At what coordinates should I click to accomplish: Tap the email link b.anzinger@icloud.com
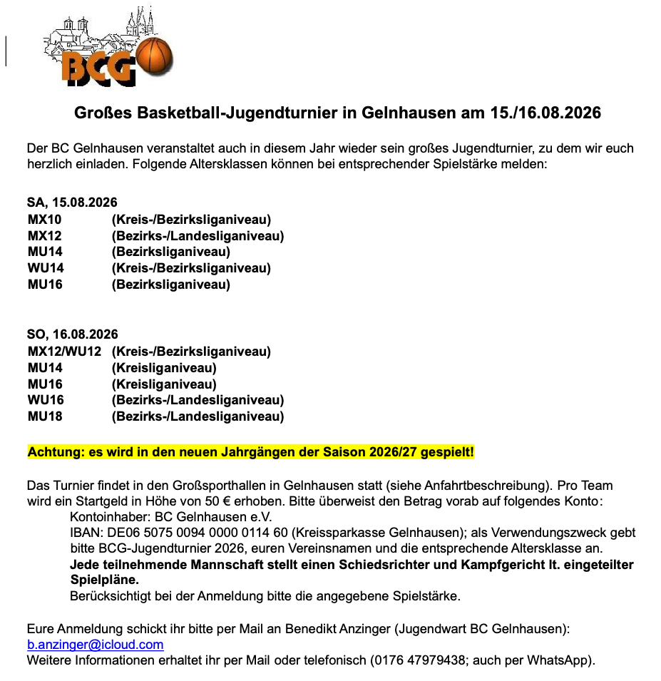pyautogui.click(x=95, y=645)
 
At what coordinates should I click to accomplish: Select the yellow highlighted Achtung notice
pyautogui.click(x=250, y=452)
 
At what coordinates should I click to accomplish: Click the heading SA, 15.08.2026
pyautogui.click(x=72, y=203)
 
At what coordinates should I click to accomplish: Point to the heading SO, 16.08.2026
pyautogui.click(x=73, y=334)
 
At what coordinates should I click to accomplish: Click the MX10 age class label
pyautogui.click(x=45, y=220)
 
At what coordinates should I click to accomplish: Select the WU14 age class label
pyautogui.click(x=46, y=268)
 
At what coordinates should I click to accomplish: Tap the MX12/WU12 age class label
pyautogui.click(x=64, y=352)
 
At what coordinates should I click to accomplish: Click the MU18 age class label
pyautogui.click(x=45, y=416)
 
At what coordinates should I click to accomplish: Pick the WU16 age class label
pyautogui.click(x=46, y=400)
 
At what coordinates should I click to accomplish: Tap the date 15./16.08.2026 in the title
pyautogui.click(x=545, y=113)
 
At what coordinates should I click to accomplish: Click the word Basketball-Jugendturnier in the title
pyautogui.click(x=247, y=113)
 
